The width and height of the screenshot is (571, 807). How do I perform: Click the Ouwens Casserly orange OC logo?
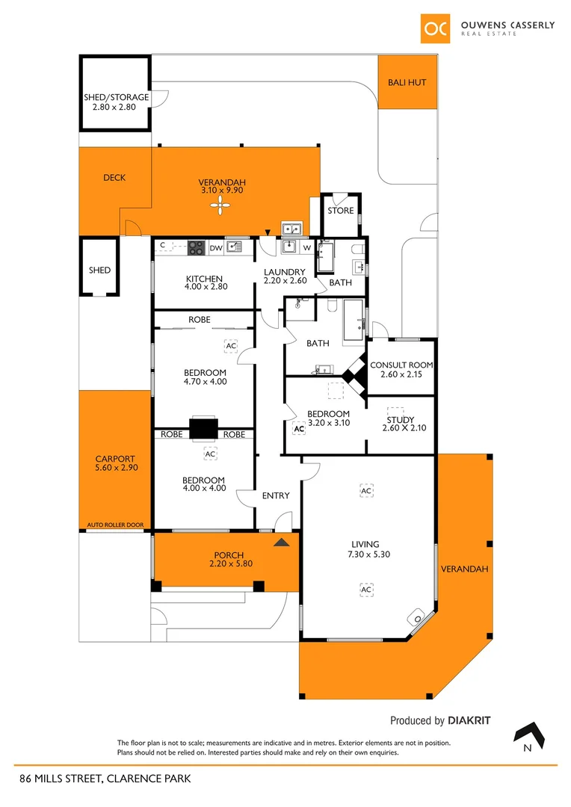click(x=434, y=28)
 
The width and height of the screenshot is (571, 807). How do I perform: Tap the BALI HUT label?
click(x=407, y=82)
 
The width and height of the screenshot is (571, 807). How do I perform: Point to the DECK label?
click(x=114, y=178)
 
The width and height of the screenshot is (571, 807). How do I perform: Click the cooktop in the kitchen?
click(x=197, y=247)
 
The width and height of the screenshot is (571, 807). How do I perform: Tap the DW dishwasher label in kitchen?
click(x=215, y=247)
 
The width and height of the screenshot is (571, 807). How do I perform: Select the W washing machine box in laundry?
click(x=306, y=247)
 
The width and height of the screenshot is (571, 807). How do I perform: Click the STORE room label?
click(x=340, y=211)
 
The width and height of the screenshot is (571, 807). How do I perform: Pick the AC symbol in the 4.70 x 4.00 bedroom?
click(x=230, y=346)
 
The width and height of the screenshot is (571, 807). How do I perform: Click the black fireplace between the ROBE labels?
click(x=203, y=428)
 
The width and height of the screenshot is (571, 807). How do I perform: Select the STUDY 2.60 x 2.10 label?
click(x=406, y=423)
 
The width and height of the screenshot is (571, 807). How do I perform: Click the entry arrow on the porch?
click(x=281, y=542)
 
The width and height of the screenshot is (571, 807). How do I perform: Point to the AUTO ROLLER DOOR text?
click(x=114, y=525)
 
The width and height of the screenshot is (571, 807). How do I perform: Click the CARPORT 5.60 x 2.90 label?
click(x=116, y=463)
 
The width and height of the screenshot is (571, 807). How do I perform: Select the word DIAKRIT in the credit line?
click(x=469, y=721)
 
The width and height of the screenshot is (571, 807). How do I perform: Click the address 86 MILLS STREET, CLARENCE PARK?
click(x=105, y=779)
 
